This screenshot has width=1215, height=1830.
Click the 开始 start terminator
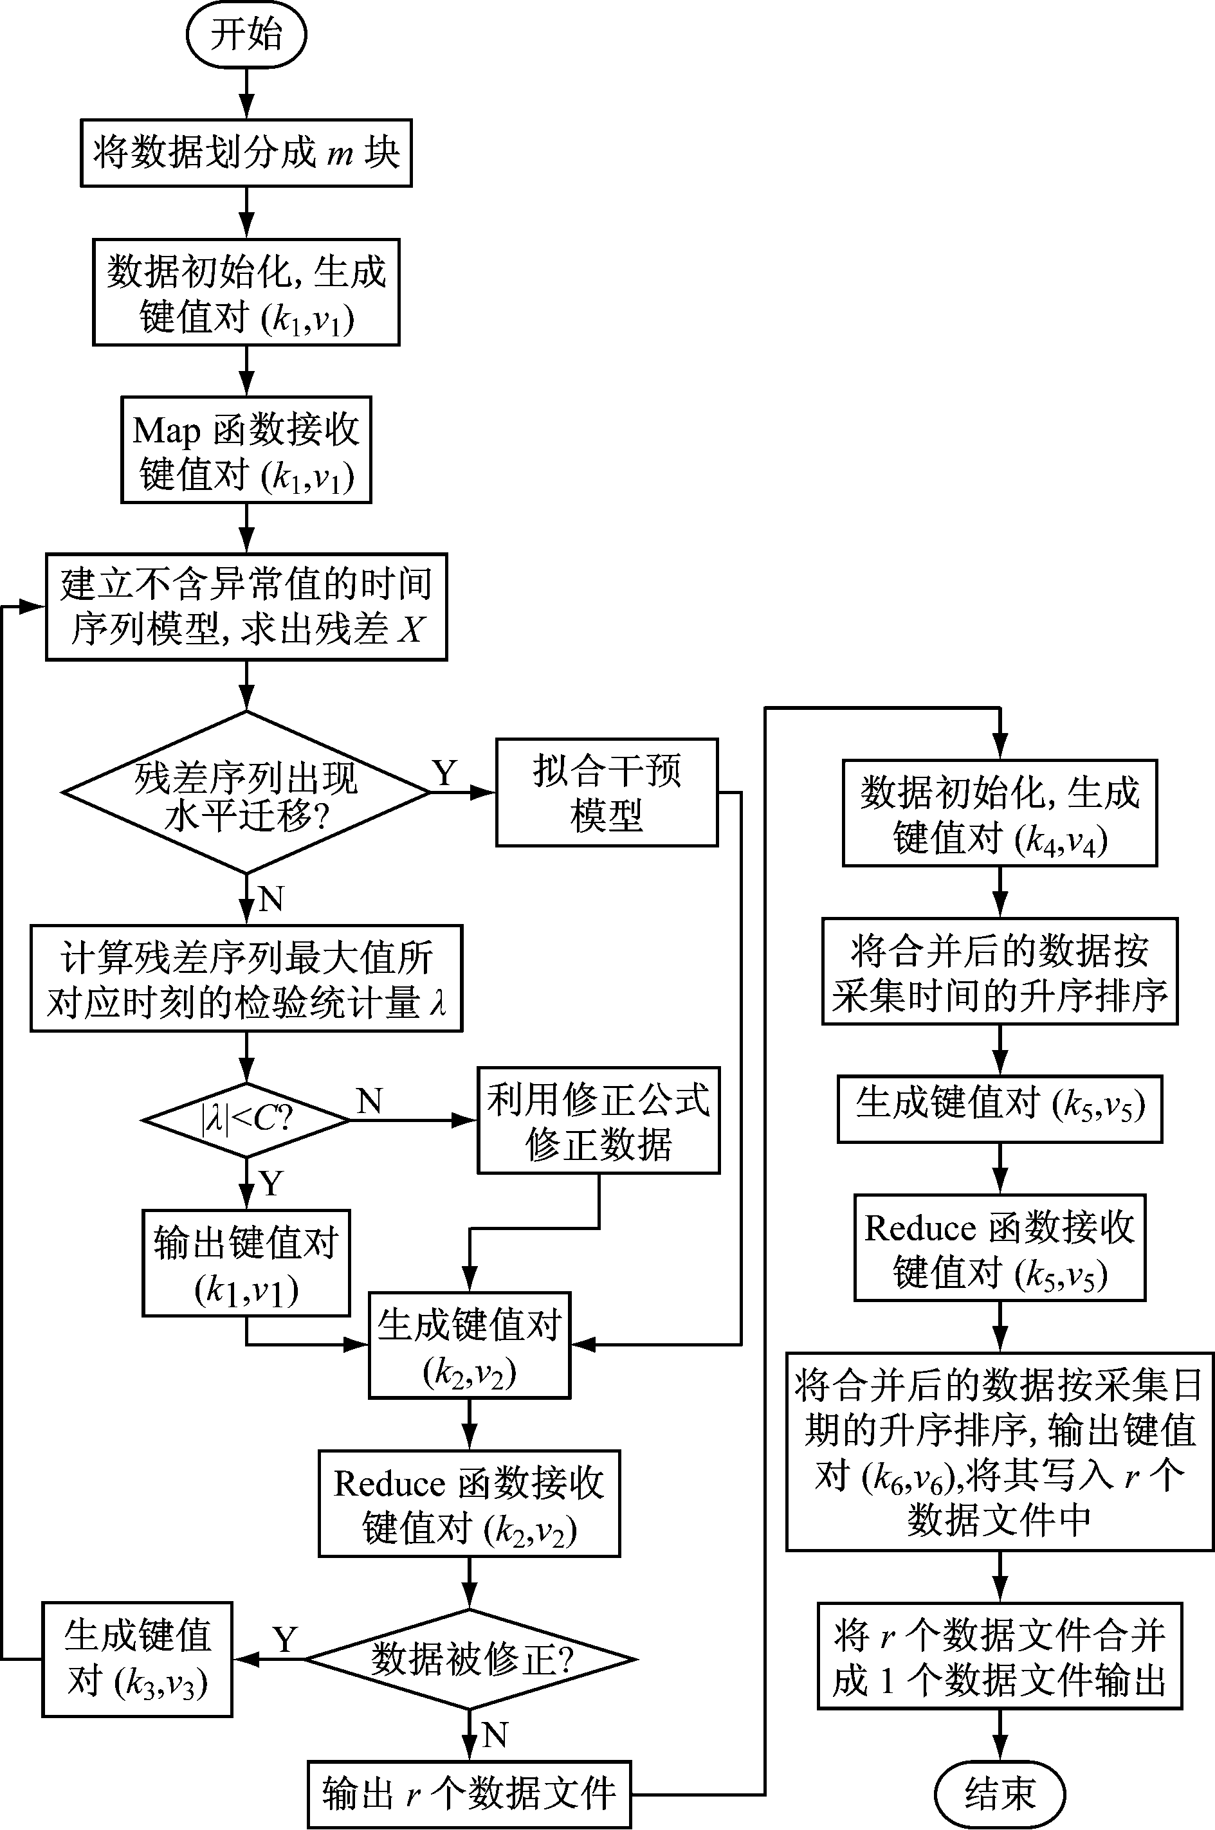click(x=246, y=35)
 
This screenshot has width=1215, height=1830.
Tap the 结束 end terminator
click(x=1000, y=1793)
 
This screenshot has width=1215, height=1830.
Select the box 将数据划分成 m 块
click(x=246, y=152)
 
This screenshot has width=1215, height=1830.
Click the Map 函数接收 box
click(x=246, y=450)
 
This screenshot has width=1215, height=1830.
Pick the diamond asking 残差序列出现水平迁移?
click(x=246, y=792)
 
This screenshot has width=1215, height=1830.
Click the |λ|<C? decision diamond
click(x=246, y=1120)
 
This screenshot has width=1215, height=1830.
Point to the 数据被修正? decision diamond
click(x=470, y=1660)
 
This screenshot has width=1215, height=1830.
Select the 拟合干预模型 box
click(x=607, y=792)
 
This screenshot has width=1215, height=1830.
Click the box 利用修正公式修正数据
click(x=598, y=1121)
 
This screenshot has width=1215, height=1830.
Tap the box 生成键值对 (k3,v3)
click(x=137, y=1660)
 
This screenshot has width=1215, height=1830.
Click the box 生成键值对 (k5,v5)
click(x=1000, y=1108)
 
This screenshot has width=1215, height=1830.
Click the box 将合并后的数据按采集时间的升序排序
click(x=1000, y=972)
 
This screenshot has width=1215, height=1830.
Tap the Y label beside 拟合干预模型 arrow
click(x=445, y=773)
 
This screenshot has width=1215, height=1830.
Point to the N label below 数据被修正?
click(x=495, y=1735)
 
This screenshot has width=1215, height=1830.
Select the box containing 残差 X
click(x=246, y=606)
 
